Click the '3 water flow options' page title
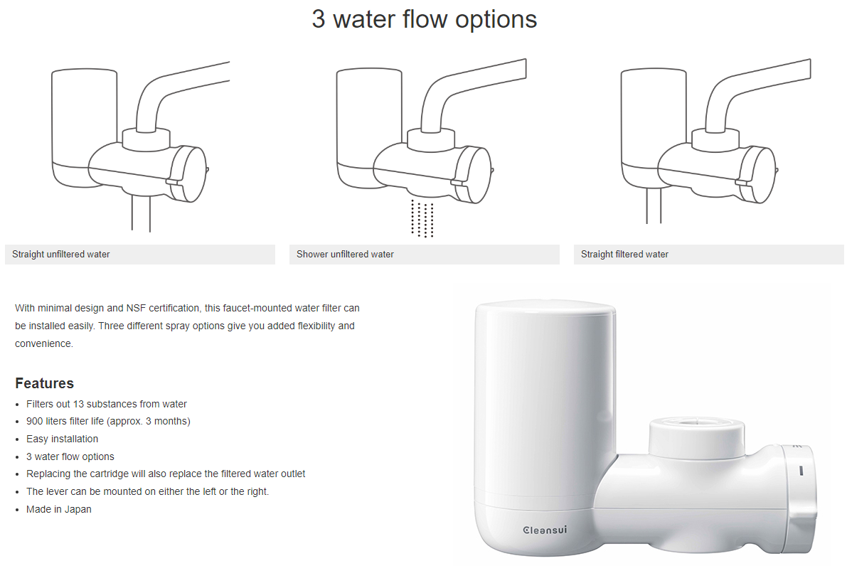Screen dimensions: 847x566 [424, 19]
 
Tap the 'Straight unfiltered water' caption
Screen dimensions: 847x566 [61, 255]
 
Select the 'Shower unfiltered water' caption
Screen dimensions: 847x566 [345, 255]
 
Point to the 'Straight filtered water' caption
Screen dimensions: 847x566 [624, 255]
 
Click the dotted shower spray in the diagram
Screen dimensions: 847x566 [422, 218]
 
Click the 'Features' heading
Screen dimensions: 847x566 [44, 383]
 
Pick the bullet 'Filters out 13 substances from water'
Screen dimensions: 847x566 [107, 404]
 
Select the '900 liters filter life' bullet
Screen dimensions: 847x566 [108, 421]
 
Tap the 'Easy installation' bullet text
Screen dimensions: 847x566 [62, 439]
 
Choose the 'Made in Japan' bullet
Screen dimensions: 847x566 [59, 509]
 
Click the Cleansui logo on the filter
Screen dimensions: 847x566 [545, 530]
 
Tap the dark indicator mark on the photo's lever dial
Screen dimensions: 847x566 [801, 471]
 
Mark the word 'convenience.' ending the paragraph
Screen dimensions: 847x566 [44, 344]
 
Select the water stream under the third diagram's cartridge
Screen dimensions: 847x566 [654, 205]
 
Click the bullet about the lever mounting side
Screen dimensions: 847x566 [147, 491]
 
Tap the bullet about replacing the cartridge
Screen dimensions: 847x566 [166, 474]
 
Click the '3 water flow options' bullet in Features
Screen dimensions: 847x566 [70, 457]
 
